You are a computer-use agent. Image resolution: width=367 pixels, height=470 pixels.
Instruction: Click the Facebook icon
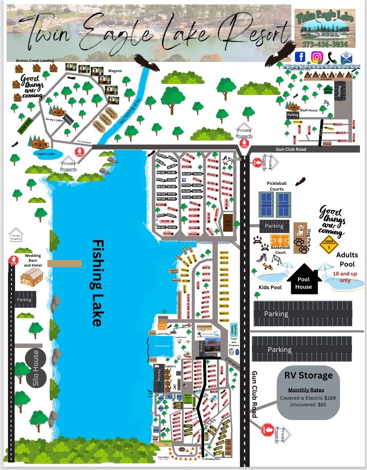click(300, 57)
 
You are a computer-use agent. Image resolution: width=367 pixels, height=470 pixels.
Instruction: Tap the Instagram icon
click(317, 57)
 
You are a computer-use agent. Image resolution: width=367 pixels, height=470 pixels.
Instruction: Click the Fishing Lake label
click(98, 283)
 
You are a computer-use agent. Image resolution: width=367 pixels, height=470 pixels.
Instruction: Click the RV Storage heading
click(309, 376)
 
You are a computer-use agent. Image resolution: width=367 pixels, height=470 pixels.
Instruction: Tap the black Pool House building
click(304, 279)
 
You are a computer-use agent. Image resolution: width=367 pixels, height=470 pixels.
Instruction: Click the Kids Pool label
click(270, 287)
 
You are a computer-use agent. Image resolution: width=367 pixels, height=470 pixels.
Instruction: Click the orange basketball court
click(280, 240)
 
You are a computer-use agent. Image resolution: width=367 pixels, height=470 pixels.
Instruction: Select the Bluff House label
click(309, 110)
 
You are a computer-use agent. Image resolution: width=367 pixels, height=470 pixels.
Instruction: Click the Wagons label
click(115, 71)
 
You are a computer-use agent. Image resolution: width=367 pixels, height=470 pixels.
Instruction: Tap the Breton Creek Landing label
click(35, 61)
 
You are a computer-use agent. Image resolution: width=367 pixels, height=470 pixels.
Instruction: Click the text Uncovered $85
click(308, 405)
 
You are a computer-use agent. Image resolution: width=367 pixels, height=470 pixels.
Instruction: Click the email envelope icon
click(345, 57)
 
